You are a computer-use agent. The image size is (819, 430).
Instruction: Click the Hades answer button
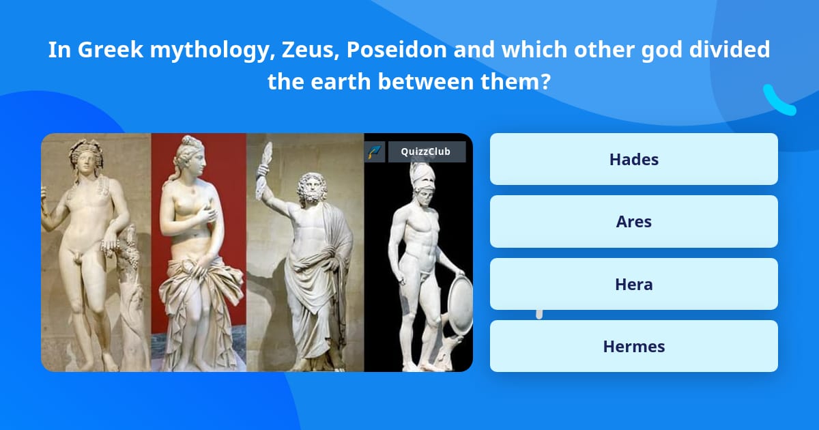pos(633,159)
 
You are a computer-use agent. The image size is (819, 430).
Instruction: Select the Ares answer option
pos(633,222)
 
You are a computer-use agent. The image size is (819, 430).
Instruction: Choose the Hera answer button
pos(633,284)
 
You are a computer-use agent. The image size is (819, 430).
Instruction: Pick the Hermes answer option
pos(633,346)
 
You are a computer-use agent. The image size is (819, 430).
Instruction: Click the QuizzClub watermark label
pos(426,152)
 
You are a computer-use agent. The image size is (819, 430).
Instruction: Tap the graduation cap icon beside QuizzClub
pos(375,152)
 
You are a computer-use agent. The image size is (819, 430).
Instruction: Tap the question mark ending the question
pos(545,82)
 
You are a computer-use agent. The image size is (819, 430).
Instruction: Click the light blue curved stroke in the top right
pos(778,101)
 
